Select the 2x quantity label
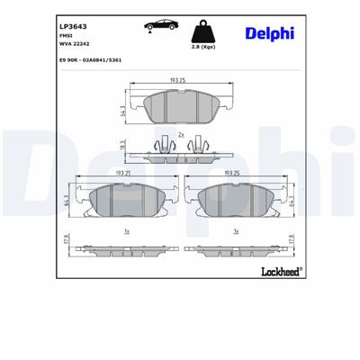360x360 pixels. pyautogui.click(x=182, y=134)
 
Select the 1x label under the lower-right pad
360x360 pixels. pyautogui.click(x=234, y=231)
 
